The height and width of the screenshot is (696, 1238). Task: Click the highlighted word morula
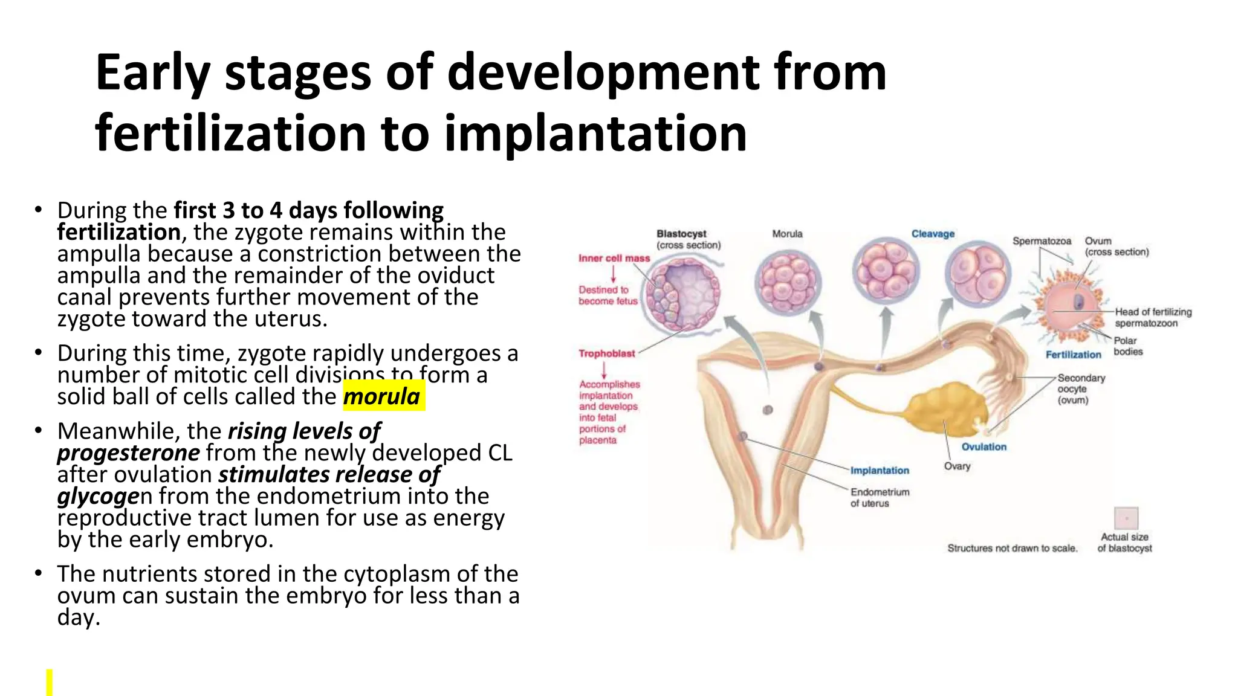tap(382, 396)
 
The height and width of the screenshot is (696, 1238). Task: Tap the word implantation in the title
tap(595, 134)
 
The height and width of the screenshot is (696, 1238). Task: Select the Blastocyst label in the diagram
tap(681, 234)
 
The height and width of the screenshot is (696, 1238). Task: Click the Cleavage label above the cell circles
tap(933, 234)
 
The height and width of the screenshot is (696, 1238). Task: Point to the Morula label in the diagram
tap(787, 234)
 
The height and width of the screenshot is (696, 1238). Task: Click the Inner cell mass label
tap(614, 258)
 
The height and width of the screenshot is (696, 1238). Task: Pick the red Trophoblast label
tap(606, 353)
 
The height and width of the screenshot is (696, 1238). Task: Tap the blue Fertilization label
tap(1073, 355)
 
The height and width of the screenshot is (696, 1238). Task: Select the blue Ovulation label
tap(984, 446)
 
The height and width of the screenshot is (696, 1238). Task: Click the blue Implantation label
tap(880, 470)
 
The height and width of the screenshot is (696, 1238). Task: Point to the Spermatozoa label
tap(1042, 241)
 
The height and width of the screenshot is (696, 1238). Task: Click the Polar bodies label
tap(1128, 346)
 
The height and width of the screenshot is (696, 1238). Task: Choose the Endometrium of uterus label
tap(880, 497)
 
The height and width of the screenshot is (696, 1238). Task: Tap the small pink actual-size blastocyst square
tap(1126, 518)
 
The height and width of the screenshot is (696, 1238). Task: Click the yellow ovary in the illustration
tap(949, 408)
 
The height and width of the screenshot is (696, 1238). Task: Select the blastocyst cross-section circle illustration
tap(682, 292)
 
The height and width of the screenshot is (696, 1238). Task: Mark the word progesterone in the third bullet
tap(128, 453)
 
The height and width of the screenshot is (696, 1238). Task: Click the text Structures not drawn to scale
tap(1012, 548)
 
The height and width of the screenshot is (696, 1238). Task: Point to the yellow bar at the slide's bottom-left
tap(50, 682)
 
